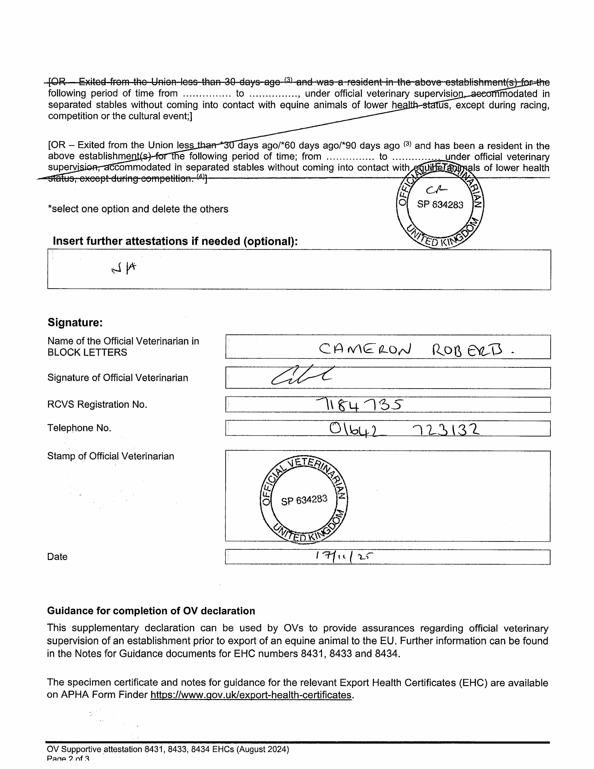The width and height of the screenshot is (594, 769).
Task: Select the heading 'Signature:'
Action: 75,323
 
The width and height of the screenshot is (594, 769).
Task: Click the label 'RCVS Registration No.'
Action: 97,404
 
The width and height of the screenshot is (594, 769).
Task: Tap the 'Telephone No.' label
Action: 79,428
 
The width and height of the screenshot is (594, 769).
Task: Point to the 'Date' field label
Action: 57,557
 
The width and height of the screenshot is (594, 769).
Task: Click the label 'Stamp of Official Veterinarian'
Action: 111,456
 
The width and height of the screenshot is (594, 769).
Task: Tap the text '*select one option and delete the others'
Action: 138,209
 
